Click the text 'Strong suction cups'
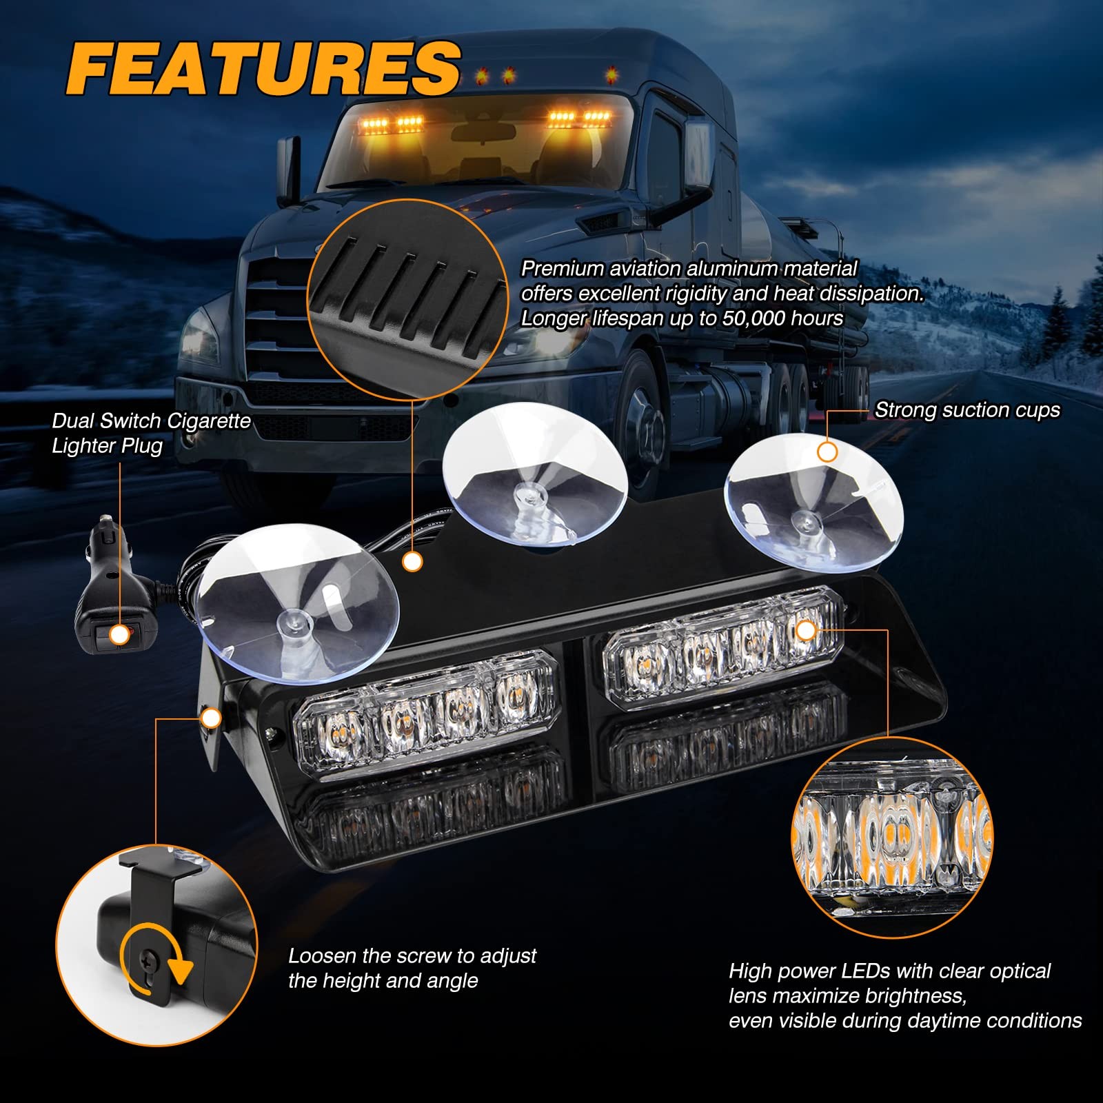coord(967,410)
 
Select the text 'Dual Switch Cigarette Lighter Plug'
coord(151,433)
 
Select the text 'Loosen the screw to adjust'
coord(412,955)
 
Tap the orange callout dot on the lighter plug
coord(120,635)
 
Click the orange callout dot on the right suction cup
coord(827,452)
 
